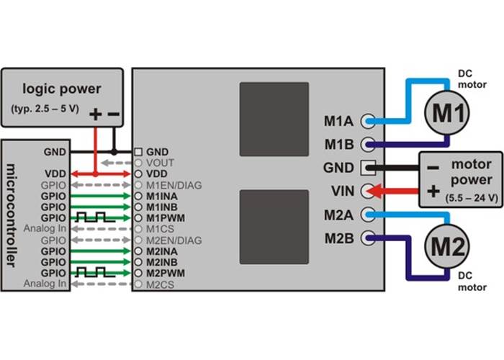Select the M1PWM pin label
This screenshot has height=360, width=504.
click(x=162, y=217)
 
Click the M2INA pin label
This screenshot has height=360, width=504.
click(x=162, y=251)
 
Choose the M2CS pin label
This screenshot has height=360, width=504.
click(x=159, y=284)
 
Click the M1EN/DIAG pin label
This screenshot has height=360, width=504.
click(x=173, y=185)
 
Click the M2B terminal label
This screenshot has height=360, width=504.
click(x=339, y=237)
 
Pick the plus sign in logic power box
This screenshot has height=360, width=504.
click(x=96, y=113)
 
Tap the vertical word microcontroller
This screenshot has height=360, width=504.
click(x=12, y=216)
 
